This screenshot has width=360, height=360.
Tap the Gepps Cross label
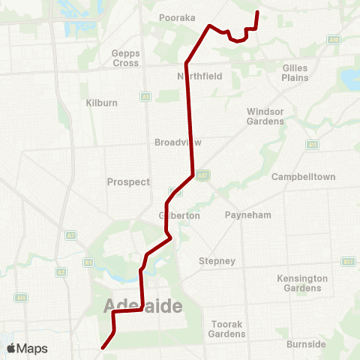[125, 58]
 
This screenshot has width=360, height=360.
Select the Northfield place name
[200, 76]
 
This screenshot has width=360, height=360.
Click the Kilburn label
[102, 103]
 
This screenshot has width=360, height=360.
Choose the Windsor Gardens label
[265, 116]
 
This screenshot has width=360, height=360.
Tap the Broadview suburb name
[178, 142]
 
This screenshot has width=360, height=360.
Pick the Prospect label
[129, 181]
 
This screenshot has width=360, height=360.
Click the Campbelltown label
[303, 176]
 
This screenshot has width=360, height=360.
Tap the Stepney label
[217, 261]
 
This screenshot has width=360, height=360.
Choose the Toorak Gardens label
[226, 328]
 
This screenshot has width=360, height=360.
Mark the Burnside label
[305, 344]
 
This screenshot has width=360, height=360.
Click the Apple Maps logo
[27, 349]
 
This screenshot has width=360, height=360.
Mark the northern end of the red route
[257, 12]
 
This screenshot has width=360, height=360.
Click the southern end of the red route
[102, 348]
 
